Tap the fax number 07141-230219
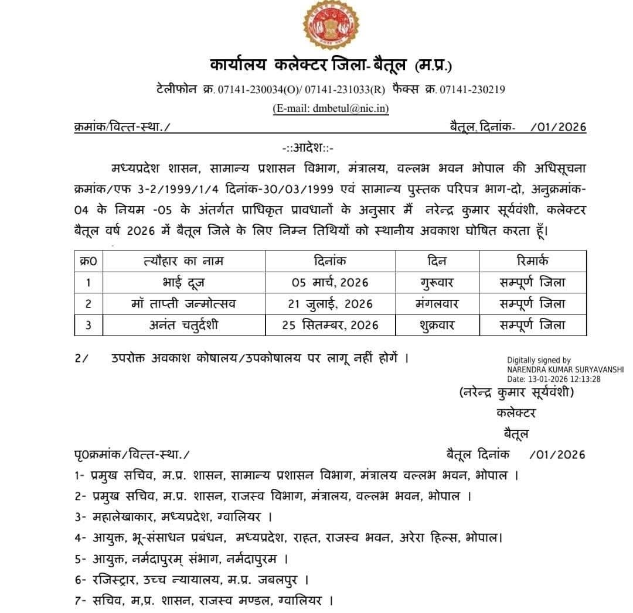(x=472, y=90)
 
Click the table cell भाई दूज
(x=183, y=282)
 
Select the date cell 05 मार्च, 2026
(x=330, y=282)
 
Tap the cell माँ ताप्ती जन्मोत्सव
(x=183, y=304)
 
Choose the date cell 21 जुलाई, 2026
(x=330, y=304)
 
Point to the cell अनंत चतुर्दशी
(x=183, y=324)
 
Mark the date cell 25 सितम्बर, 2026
(x=330, y=324)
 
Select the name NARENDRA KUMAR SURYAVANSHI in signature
(x=565, y=369)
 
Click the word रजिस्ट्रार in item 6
(x=113, y=580)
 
